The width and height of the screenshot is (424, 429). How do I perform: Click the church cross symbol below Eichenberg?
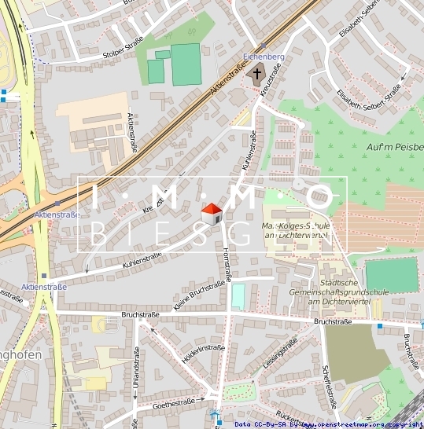click(256, 74)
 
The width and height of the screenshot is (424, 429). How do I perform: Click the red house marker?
click(212, 213)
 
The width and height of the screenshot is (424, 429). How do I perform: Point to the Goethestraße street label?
click(173, 403)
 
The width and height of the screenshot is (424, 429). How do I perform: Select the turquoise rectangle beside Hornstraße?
click(238, 296)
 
